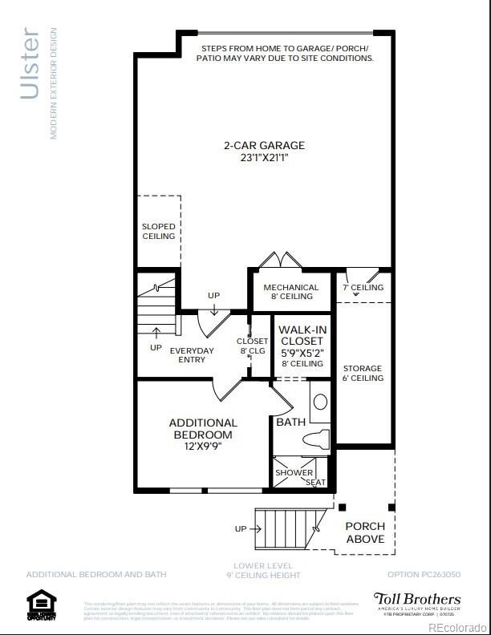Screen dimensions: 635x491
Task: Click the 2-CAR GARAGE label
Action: pyautogui.click(x=264, y=145)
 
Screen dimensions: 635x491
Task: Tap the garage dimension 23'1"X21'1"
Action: pyautogui.click(x=264, y=158)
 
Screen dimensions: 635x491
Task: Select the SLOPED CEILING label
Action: pyautogui.click(x=158, y=232)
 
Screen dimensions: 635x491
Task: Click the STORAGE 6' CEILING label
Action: pyautogui.click(x=363, y=373)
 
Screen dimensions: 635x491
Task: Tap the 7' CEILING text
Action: pyautogui.click(x=363, y=287)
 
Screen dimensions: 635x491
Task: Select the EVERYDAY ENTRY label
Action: pyautogui.click(x=192, y=355)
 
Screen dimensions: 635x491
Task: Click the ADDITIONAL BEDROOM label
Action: pyautogui.click(x=203, y=428)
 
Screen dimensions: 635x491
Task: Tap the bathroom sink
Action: pyautogui.click(x=320, y=402)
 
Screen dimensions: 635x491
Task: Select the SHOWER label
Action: pyautogui.click(x=294, y=472)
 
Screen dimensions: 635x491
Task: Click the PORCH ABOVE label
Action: pyautogui.click(x=365, y=532)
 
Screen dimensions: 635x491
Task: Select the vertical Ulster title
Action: pyautogui.click(x=30, y=64)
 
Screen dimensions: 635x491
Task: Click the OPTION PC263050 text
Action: pyautogui.click(x=424, y=574)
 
